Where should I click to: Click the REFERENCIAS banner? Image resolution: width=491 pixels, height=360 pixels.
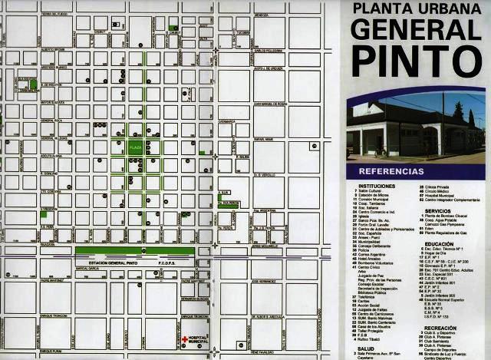click(x=390, y=170)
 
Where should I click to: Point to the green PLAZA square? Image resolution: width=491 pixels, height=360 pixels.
click(x=136, y=146)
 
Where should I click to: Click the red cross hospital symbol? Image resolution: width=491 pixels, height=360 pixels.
click(x=185, y=338)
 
